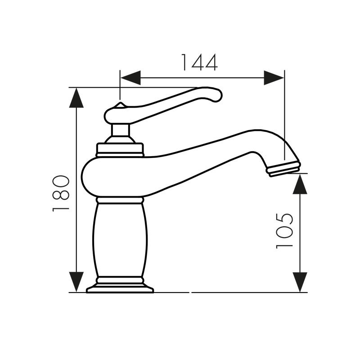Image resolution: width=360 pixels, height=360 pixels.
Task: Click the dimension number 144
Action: tap(199, 63)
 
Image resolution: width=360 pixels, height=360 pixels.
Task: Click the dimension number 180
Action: tap(61, 193)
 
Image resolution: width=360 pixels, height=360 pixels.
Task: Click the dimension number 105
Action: tap(284, 230)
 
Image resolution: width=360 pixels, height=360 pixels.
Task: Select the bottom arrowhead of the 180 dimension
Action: tap(77, 282)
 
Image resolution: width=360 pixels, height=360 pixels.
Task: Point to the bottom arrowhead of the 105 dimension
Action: tap(300, 282)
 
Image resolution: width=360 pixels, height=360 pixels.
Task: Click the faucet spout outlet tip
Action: tap(283, 169)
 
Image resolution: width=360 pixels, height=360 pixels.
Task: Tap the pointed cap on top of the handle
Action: tap(119, 106)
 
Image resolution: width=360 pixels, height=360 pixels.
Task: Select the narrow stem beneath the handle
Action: tap(120, 130)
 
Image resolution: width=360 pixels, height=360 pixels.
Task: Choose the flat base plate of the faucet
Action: tap(120, 288)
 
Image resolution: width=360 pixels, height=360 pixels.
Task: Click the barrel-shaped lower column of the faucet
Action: tap(120, 238)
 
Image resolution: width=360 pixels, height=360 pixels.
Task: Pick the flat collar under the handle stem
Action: tap(120, 149)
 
